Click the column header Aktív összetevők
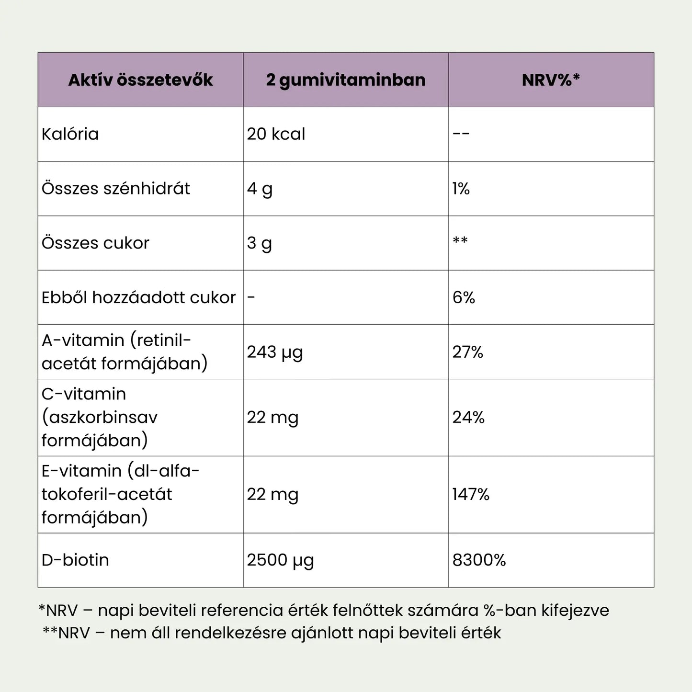pos(140,80)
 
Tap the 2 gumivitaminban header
pos(346,80)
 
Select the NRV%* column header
pos(551,80)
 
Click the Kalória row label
pos(70,134)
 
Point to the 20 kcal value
pos(276,134)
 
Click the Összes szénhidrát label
pos(116,189)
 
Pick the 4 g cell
pos(260,189)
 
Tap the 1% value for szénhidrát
pos(461,189)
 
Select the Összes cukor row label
pos(96,243)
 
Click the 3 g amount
pos(259,243)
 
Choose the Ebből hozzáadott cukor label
pos(139,298)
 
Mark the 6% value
pos(464,298)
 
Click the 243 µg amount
pos(275,352)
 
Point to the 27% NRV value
pos(468,352)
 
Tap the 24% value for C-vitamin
pos(468,418)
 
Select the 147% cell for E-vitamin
pos(471,495)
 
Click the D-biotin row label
pos(76,560)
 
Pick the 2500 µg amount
pos(280,560)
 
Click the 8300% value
pos(479,560)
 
